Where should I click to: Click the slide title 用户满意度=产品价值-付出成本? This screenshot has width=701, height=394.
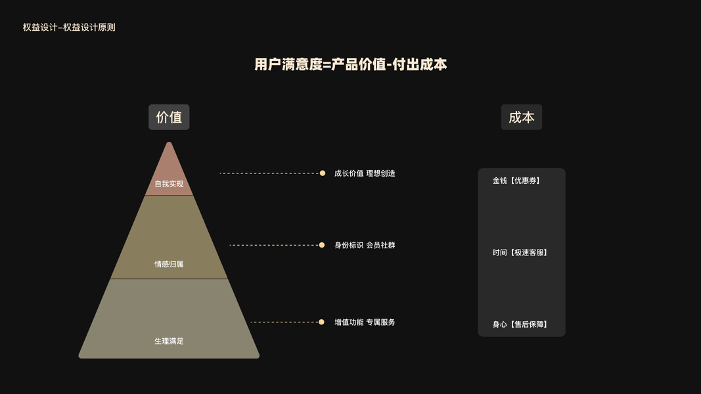(350, 64)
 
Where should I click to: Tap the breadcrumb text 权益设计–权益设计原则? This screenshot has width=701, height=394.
(69, 28)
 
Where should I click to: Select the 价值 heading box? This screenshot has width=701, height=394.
(169, 117)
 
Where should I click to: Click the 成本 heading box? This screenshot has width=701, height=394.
(522, 117)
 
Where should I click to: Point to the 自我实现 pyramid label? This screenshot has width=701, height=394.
(169, 184)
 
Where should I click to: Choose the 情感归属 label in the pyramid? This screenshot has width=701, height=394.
(169, 264)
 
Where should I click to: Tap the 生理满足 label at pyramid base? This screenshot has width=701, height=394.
(169, 341)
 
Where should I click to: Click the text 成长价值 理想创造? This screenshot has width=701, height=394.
(365, 173)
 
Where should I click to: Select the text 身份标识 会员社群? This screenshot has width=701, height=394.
(365, 245)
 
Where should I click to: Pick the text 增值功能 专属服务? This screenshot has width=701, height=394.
(365, 322)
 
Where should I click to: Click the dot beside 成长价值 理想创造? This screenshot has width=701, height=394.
(323, 173)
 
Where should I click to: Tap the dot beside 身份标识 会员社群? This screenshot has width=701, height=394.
(321, 245)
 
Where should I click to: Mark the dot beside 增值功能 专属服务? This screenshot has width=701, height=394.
(321, 322)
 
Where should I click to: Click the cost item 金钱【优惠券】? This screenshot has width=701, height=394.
(516, 181)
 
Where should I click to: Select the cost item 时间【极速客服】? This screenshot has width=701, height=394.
(520, 252)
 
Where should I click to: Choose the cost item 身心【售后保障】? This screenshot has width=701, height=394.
(520, 324)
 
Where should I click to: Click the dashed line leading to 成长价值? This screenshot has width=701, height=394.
(269, 173)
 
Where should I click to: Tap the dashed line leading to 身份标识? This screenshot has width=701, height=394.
(274, 245)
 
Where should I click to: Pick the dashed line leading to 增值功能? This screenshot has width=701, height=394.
(284, 322)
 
